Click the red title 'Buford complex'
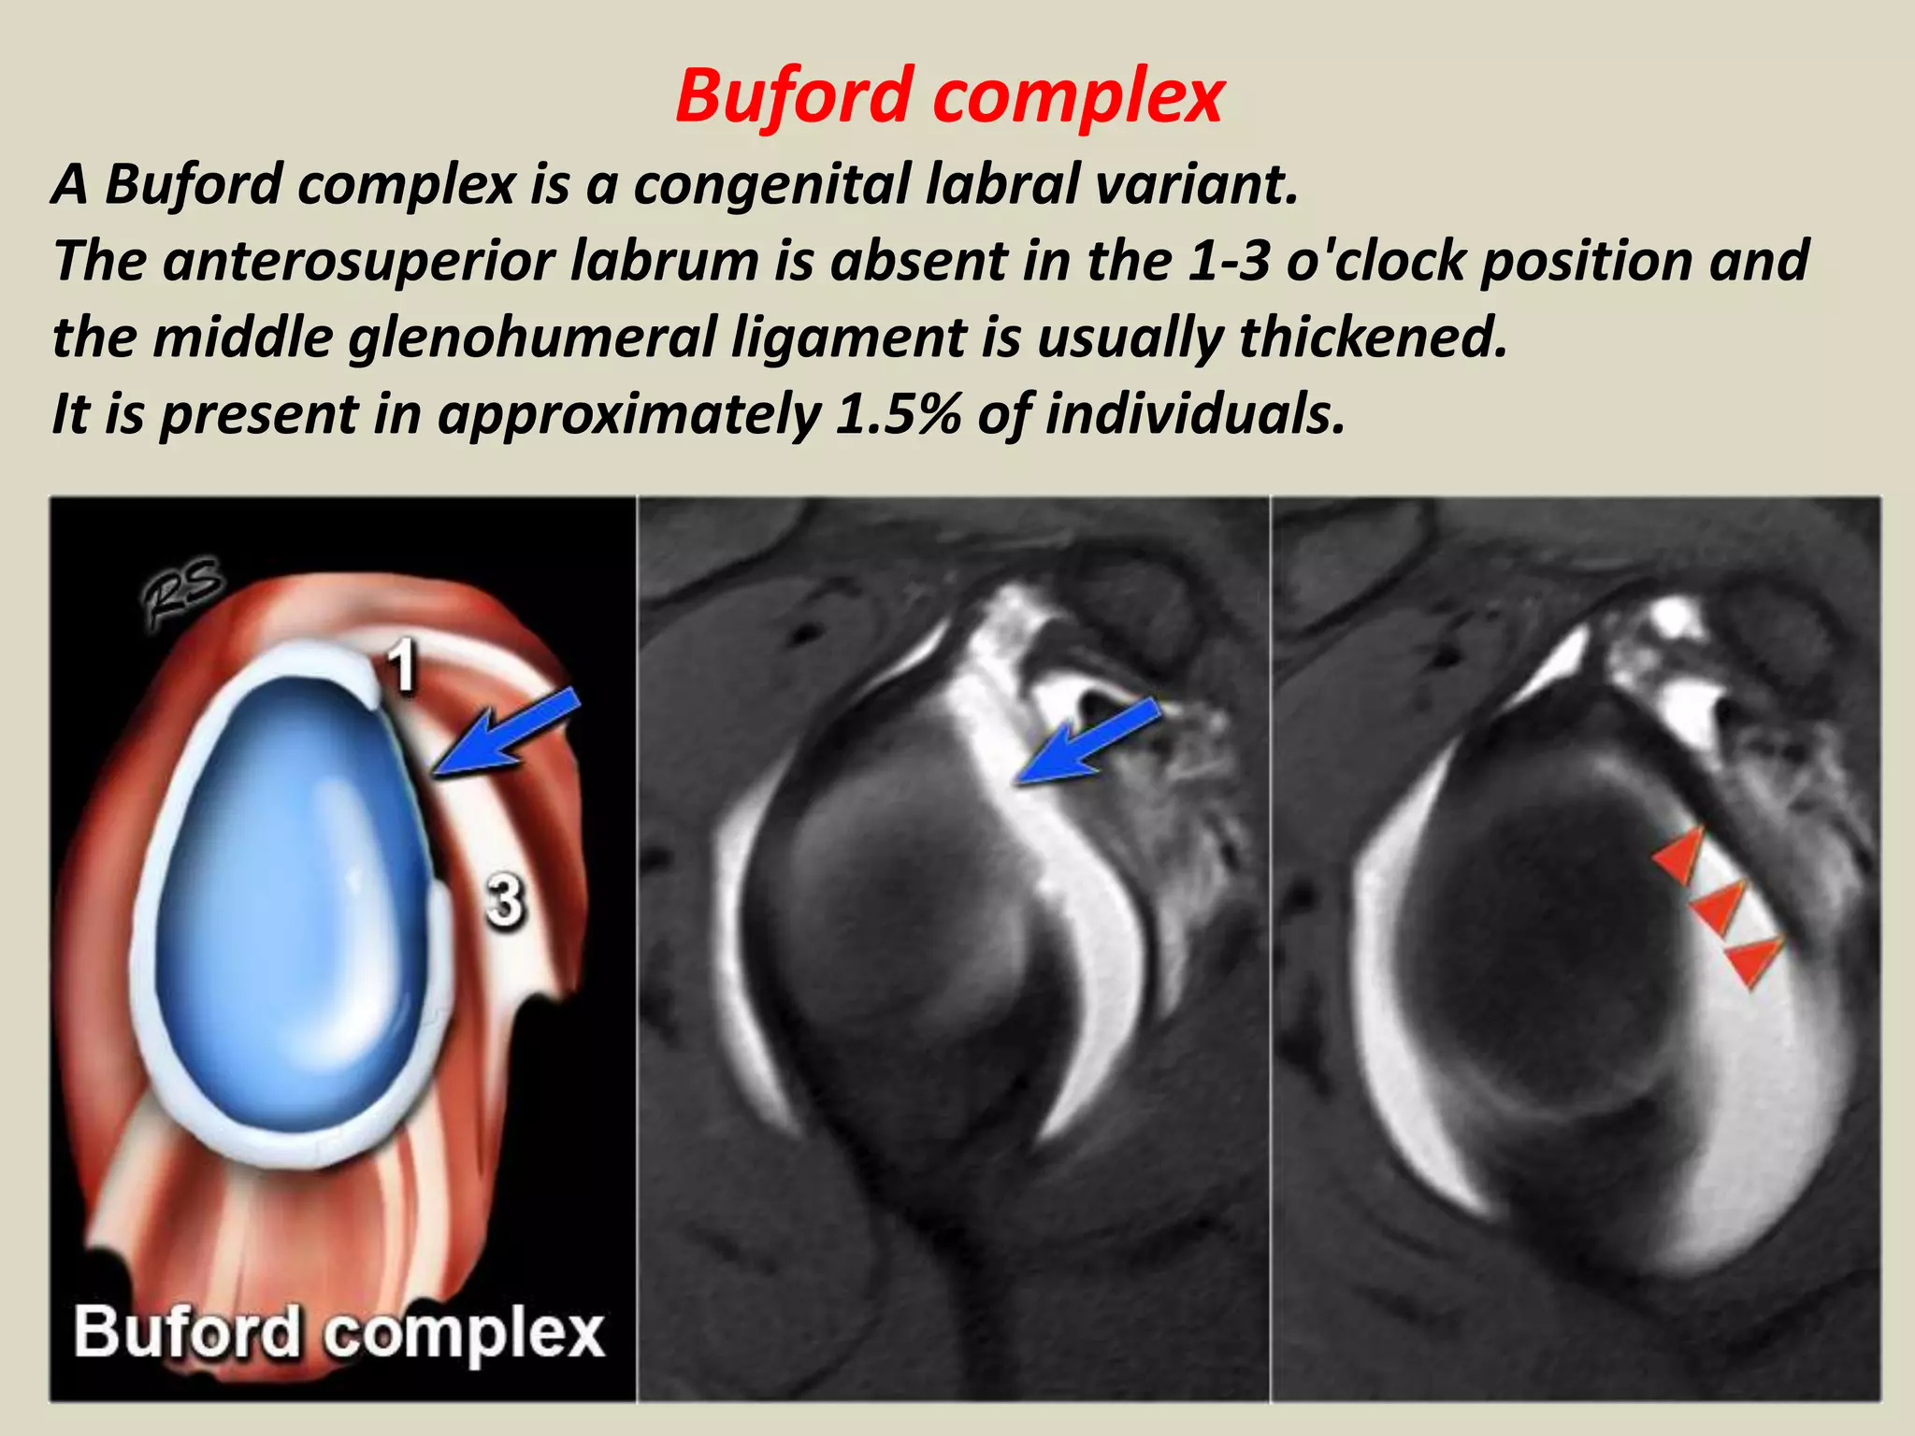[x=948, y=96]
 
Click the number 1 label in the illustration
[x=402, y=667]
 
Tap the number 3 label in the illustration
[x=505, y=901]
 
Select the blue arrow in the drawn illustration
[x=510, y=734]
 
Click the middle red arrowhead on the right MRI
[x=1720, y=908]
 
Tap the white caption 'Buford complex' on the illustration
[x=338, y=1332]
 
